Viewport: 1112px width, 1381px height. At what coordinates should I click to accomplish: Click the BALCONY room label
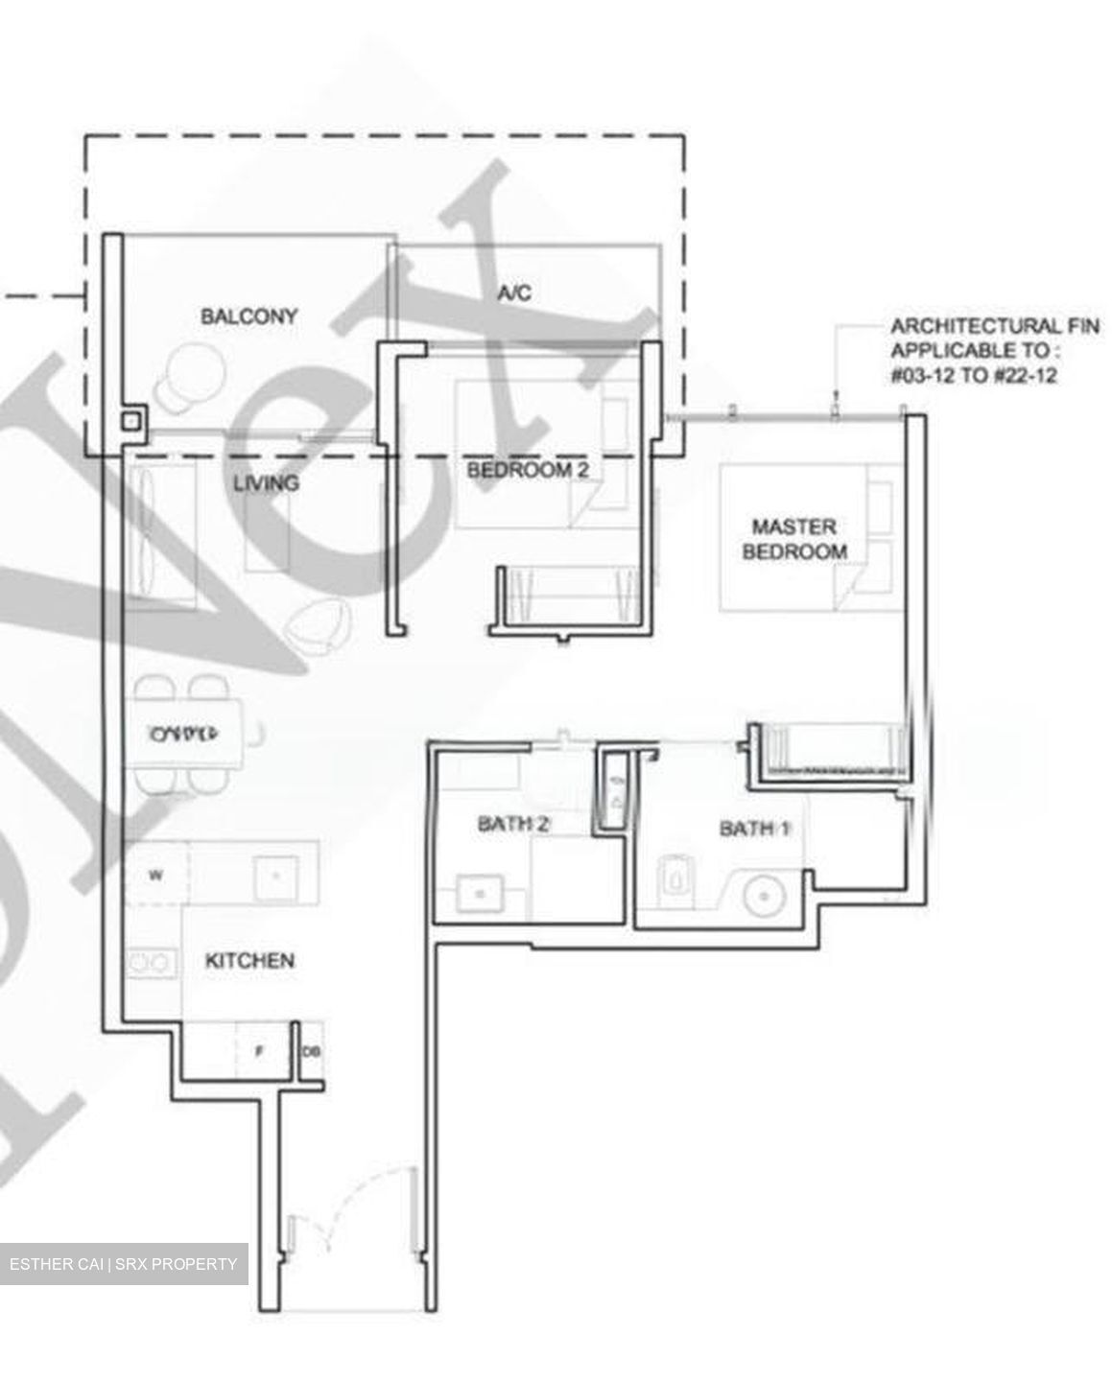pyautogui.click(x=248, y=316)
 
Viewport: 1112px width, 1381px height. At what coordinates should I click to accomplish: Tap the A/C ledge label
pyautogui.click(x=513, y=293)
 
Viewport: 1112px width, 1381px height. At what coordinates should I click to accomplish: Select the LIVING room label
pyautogui.click(x=266, y=482)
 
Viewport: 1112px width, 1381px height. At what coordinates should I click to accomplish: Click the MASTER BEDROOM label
pyautogui.click(x=793, y=539)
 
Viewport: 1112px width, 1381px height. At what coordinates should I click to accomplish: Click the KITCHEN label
pyautogui.click(x=249, y=960)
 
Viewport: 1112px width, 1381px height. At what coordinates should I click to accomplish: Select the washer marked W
pyautogui.click(x=155, y=875)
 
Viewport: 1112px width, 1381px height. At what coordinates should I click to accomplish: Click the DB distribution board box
pyautogui.click(x=312, y=1051)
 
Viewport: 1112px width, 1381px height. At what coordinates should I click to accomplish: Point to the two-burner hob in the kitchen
pyautogui.click(x=153, y=961)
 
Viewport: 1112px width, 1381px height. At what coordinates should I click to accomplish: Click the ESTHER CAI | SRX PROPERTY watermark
pyautogui.click(x=123, y=1264)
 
